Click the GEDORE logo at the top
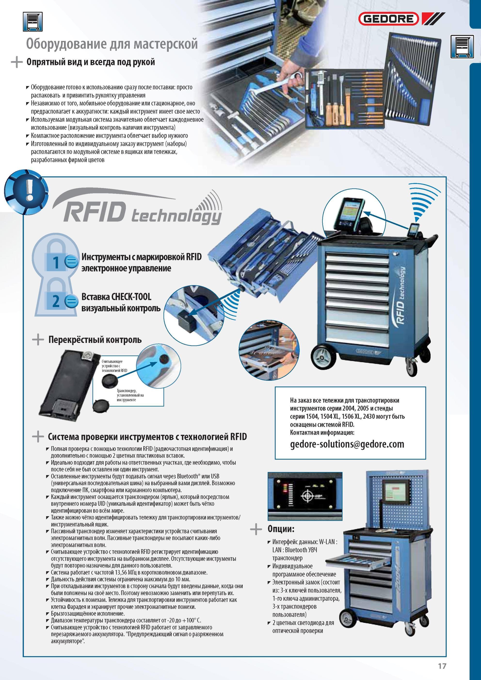tap(401, 19)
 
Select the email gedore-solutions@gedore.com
tap(347, 444)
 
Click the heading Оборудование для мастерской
tap(112, 44)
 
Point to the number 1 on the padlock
tap(56, 262)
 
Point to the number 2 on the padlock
tap(56, 301)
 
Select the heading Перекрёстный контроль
tap(95, 340)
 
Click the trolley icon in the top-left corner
tap(32, 21)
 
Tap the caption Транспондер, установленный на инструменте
tap(130, 395)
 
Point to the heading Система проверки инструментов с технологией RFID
tap(147, 436)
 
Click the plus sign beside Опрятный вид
tap(16, 63)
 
